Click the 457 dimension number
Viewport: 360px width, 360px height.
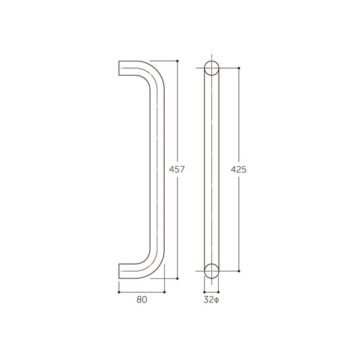coord(176,170)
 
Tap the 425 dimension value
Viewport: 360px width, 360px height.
coord(238,170)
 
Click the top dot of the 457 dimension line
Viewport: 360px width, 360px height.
coord(177,61)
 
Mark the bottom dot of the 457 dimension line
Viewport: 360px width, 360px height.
coord(177,278)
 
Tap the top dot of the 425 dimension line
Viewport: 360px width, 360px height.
coord(238,68)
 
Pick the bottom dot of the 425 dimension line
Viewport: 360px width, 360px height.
coord(238,270)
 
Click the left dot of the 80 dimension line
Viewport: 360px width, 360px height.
coord(119,292)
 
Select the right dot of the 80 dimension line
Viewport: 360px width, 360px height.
coord(165,292)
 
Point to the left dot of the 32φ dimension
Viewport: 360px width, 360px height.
coord(204,292)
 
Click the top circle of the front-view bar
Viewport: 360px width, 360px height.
coord(212,69)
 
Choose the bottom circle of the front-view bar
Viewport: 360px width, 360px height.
coord(212,270)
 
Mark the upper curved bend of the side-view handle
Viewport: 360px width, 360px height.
coord(153,72)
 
